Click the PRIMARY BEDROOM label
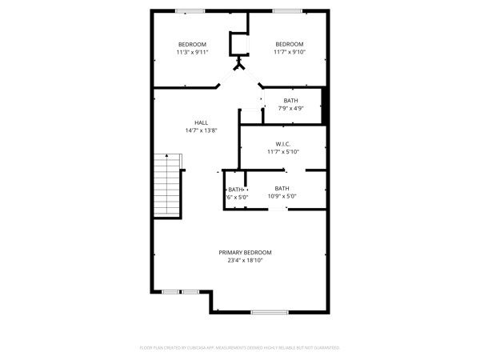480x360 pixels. click(x=245, y=252)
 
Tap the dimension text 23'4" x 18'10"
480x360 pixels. click(x=245, y=260)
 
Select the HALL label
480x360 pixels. click(x=201, y=122)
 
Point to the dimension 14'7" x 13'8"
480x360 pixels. click(x=201, y=130)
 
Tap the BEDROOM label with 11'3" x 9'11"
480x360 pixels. click(x=192, y=44)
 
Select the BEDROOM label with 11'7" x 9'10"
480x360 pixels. click(x=290, y=44)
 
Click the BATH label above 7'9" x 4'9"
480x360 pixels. click(x=290, y=100)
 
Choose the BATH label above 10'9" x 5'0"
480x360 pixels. click(x=281, y=189)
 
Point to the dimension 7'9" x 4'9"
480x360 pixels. click(x=290, y=108)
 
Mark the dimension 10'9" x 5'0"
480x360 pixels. click(x=281, y=197)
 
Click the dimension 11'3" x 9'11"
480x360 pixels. click(x=192, y=52)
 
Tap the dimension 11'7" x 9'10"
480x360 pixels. click(x=290, y=52)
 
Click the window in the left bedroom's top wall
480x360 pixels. click(x=190, y=10)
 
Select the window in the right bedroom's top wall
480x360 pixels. click(x=286, y=10)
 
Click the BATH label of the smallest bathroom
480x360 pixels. click(x=235, y=189)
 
